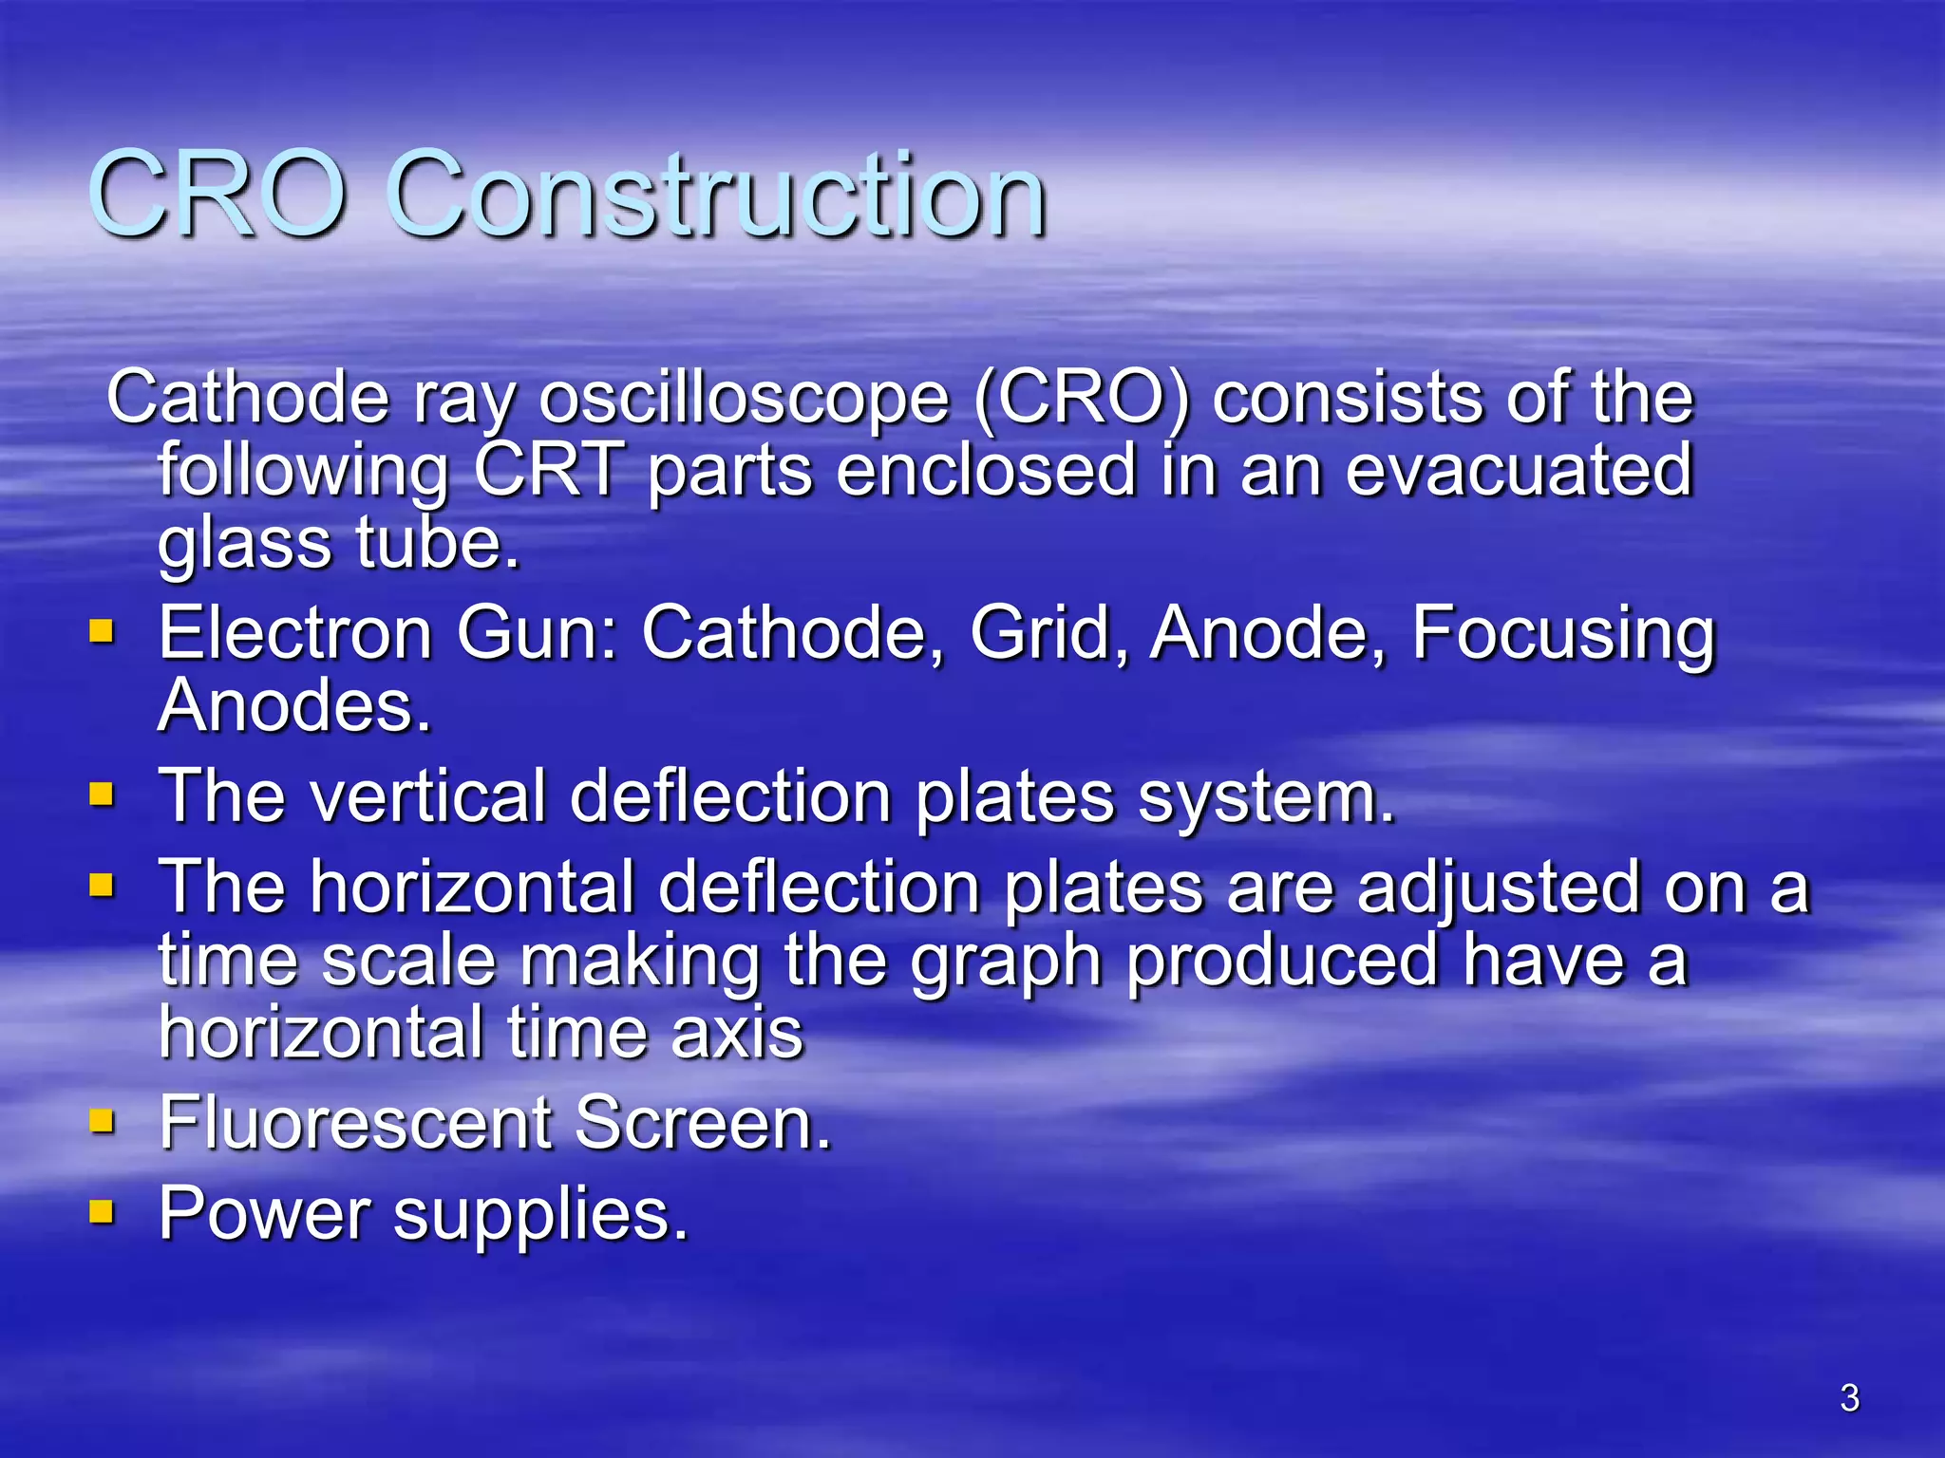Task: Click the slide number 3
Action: pos(1849,1398)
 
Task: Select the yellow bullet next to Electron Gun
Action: pos(102,631)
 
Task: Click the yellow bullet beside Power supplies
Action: pos(102,1212)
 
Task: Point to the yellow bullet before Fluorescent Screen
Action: pos(102,1121)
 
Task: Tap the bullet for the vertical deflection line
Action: pos(102,794)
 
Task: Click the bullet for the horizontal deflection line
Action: pos(102,886)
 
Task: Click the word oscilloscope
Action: pos(744,399)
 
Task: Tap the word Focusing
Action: pos(1563,633)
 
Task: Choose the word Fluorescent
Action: pos(355,1123)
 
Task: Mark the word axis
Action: pos(737,1033)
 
